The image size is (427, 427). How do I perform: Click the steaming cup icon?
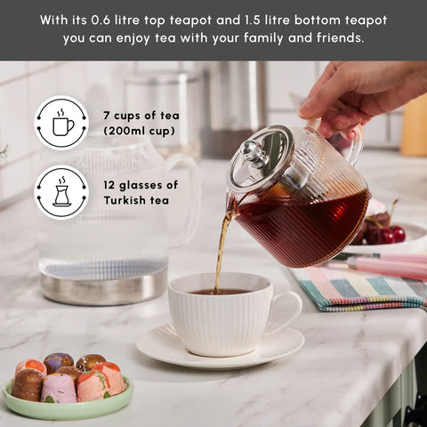point(61,123)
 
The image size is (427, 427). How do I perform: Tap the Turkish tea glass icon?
point(61,192)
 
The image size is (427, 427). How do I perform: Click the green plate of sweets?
point(71,400)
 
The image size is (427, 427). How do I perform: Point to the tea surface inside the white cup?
point(219,291)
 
